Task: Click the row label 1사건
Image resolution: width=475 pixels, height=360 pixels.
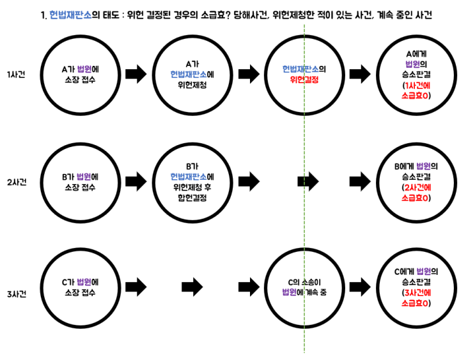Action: [x=17, y=75]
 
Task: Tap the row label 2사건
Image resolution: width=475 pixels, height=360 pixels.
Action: [x=17, y=182]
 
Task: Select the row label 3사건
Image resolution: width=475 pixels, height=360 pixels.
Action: [x=17, y=294]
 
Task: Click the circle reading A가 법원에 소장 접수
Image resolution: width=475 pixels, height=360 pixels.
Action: [x=41, y=75]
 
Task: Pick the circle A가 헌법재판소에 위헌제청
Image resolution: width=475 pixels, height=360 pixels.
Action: [x=153, y=75]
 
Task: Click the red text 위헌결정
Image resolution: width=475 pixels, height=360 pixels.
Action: [x=304, y=80]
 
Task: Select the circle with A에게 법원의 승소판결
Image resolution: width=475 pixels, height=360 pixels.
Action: [x=377, y=75]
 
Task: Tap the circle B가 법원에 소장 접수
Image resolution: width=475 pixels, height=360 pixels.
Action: [x=41, y=183]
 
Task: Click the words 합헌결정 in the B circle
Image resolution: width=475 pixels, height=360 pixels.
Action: [x=192, y=198]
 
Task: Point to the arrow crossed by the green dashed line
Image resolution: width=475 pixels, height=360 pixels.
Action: [x=308, y=182]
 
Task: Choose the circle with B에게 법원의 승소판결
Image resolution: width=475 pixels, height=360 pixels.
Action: [x=377, y=183]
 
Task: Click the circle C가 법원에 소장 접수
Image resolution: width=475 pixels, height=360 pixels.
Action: [x=41, y=288]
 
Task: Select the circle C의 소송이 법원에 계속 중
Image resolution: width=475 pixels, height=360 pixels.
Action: [x=265, y=288]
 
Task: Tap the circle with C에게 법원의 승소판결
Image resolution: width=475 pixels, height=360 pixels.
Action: [x=377, y=288]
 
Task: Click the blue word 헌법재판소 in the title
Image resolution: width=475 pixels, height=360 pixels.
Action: [x=70, y=15]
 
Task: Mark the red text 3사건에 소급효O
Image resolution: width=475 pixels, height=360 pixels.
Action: [x=416, y=298]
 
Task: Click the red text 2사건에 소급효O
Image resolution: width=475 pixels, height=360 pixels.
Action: [x=416, y=192]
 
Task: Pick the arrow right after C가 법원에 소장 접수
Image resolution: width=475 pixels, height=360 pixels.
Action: [x=136, y=286]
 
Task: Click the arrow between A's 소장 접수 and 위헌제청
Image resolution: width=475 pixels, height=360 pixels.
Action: [x=136, y=74]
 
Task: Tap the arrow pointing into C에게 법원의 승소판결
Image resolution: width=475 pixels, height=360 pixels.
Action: [x=360, y=286]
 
